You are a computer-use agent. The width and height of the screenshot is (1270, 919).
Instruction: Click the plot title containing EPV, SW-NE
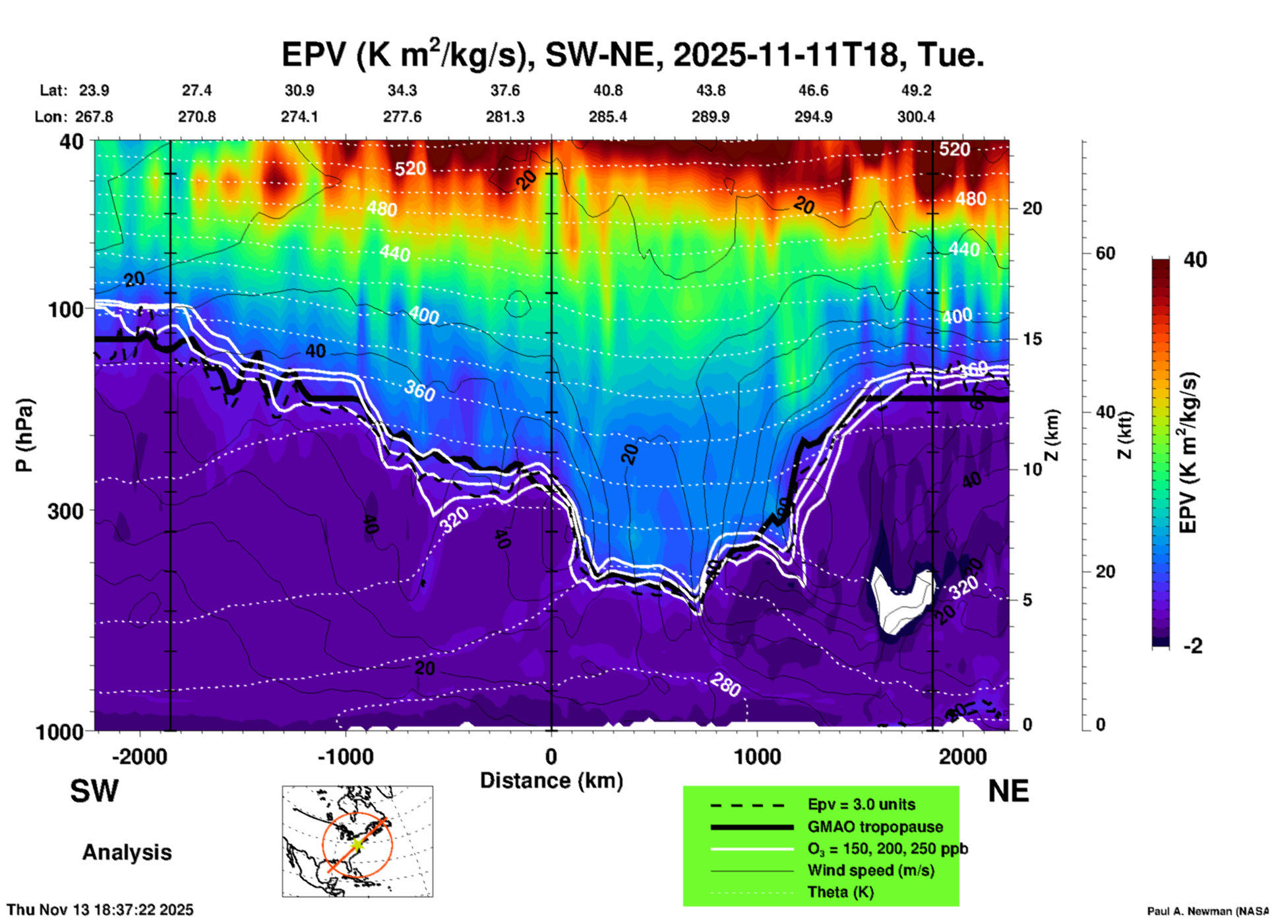click(633, 54)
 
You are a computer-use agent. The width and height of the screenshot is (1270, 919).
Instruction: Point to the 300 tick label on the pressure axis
click(66, 512)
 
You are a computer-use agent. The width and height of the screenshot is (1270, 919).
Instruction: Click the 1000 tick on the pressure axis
click(60, 732)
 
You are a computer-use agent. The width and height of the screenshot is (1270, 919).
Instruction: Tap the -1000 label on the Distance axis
click(345, 756)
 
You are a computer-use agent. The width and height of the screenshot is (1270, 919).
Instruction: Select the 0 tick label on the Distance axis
click(551, 756)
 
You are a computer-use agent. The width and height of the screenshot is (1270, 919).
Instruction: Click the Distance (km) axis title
click(551, 781)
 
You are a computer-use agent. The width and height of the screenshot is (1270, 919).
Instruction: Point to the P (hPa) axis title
click(24, 435)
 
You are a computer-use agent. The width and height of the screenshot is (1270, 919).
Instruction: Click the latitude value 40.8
click(607, 90)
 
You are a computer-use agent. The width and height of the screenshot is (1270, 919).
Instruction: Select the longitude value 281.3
click(505, 117)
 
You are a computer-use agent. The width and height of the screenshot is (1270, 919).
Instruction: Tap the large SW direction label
click(94, 791)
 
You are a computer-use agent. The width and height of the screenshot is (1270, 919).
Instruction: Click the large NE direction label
click(1008, 791)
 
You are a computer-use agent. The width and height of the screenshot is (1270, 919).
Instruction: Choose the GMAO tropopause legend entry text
click(875, 827)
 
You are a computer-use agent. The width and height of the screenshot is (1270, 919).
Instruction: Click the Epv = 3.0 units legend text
click(861, 804)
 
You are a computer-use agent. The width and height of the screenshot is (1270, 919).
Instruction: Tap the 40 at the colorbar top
click(1195, 260)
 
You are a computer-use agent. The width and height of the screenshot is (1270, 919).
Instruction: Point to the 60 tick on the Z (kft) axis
click(1105, 253)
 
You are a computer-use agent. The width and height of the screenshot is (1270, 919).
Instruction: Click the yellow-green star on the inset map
click(357, 845)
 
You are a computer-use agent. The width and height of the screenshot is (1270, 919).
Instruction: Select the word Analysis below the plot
click(127, 852)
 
